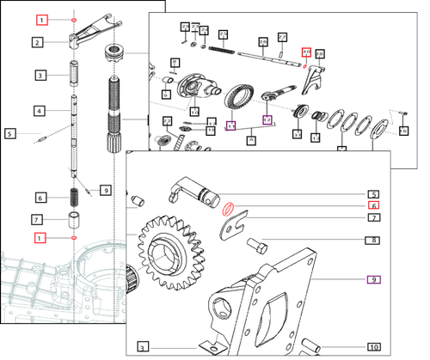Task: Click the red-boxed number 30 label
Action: [x=304, y=52]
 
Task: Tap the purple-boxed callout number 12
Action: [x=267, y=120]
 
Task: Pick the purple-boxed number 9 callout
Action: [x=373, y=279]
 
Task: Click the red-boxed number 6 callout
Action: [x=373, y=206]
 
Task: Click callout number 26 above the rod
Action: [x=261, y=40]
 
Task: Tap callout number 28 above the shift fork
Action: [x=319, y=54]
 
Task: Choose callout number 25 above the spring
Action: [x=223, y=34]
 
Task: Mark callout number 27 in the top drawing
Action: [x=282, y=37]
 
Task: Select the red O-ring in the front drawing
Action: [x=229, y=207]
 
